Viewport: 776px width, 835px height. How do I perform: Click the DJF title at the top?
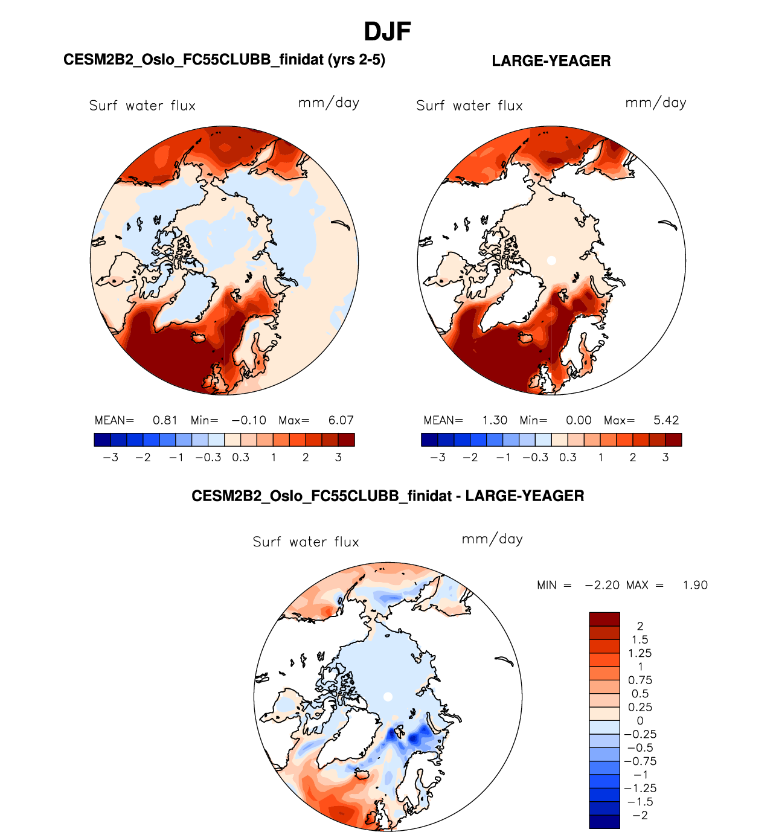[387, 31]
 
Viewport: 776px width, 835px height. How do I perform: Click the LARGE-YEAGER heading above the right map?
[551, 61]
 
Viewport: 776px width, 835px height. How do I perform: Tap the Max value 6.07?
[341, 420]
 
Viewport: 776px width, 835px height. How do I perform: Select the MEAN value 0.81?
[165, 420]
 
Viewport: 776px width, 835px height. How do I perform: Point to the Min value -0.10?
[249, 420]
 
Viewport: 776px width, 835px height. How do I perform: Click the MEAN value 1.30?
[495, 420]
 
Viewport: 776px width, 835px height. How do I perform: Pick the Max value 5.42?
[666, 420]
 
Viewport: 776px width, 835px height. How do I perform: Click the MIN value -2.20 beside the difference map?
[602, 585]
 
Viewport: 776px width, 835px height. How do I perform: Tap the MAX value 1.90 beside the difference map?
[695, 585]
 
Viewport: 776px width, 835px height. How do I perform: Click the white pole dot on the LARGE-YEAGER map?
[551, 261]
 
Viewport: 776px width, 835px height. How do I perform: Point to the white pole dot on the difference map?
[388, 697]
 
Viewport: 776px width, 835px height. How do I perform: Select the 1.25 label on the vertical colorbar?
[640, 653]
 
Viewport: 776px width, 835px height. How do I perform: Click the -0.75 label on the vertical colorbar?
[640, 761]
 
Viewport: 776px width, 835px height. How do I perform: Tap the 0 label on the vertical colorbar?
[640, 721]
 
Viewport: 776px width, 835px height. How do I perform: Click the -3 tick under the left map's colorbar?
[111, 458]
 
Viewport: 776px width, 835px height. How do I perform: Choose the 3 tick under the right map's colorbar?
[665, 458]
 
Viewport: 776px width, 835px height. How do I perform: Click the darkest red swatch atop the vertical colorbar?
[604, 619]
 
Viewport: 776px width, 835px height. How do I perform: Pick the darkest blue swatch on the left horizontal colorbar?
[102, 440]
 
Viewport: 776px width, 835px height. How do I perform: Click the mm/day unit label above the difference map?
[492, 539]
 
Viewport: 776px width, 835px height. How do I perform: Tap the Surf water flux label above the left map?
[143, 106]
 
